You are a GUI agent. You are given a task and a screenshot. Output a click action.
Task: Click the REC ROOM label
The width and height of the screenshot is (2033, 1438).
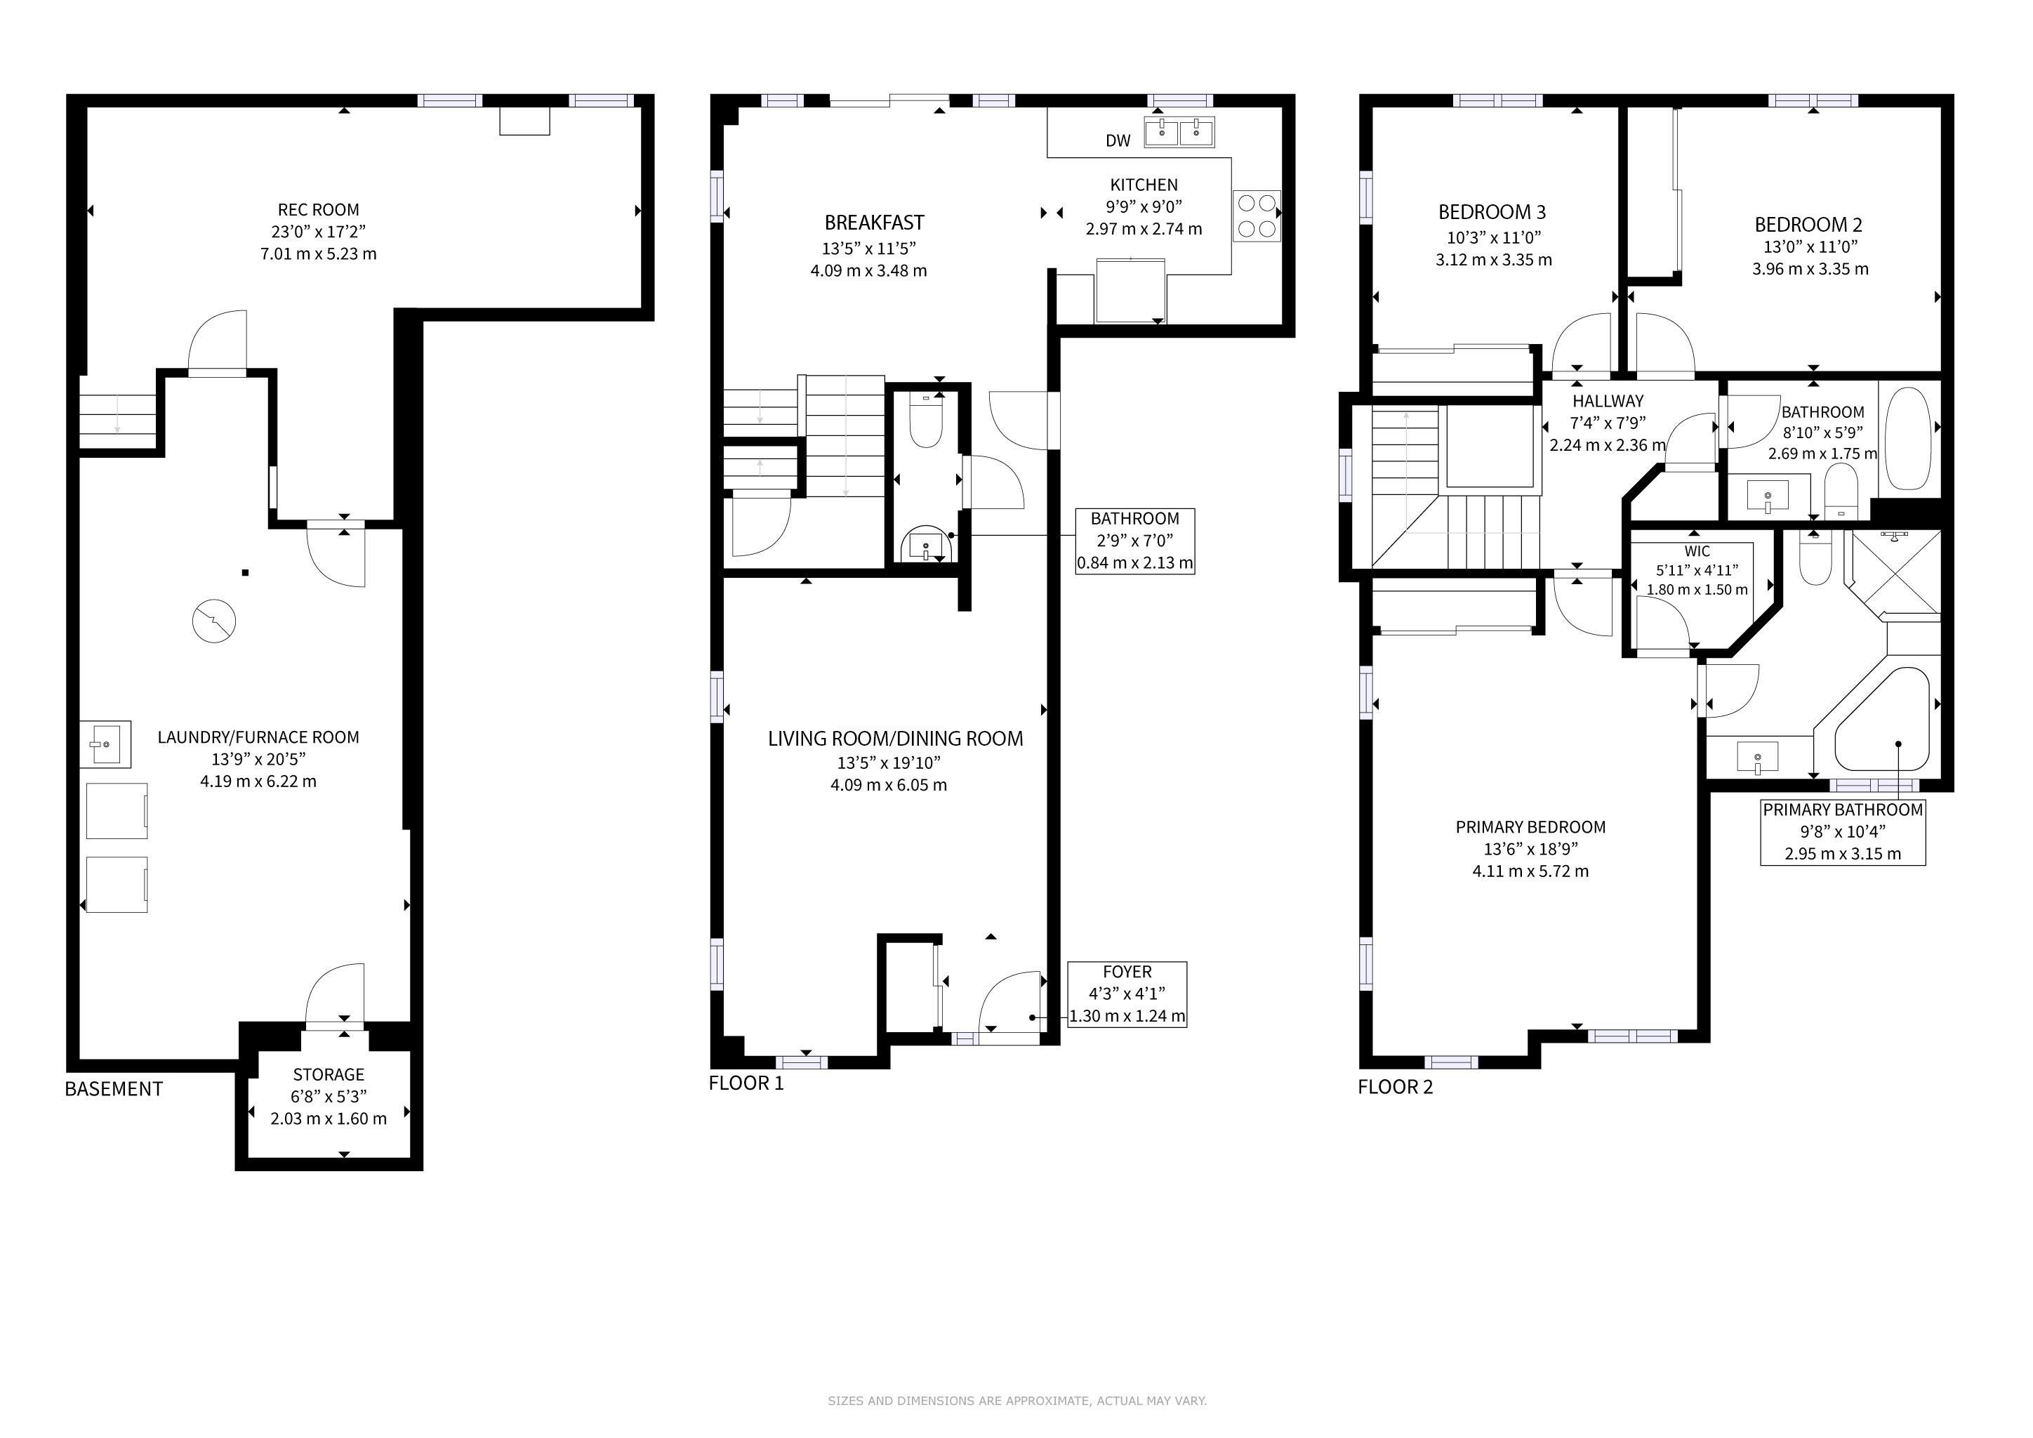coord(319,210)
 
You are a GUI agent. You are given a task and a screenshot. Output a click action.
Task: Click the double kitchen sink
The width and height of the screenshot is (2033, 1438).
coord(1179,132)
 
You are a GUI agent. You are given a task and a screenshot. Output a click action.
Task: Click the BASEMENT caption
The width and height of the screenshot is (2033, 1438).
coord(114,1088)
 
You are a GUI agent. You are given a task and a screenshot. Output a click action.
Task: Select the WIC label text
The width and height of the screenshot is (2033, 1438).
coord(1697,550)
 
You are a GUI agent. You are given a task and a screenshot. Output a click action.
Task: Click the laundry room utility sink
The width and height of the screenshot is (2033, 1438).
coord(105,744)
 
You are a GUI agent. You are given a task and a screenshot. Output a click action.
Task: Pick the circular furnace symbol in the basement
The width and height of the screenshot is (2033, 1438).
coord(214,621)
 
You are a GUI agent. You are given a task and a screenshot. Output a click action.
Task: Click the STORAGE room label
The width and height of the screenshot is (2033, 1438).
coord(329,1074)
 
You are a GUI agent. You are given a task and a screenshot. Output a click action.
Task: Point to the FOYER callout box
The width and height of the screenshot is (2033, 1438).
coord(1127,994)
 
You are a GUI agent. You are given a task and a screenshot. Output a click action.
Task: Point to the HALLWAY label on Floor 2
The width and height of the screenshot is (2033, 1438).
coord(1608,401)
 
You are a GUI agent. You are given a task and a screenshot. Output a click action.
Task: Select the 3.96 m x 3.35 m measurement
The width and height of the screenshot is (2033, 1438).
coord(1810,268)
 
